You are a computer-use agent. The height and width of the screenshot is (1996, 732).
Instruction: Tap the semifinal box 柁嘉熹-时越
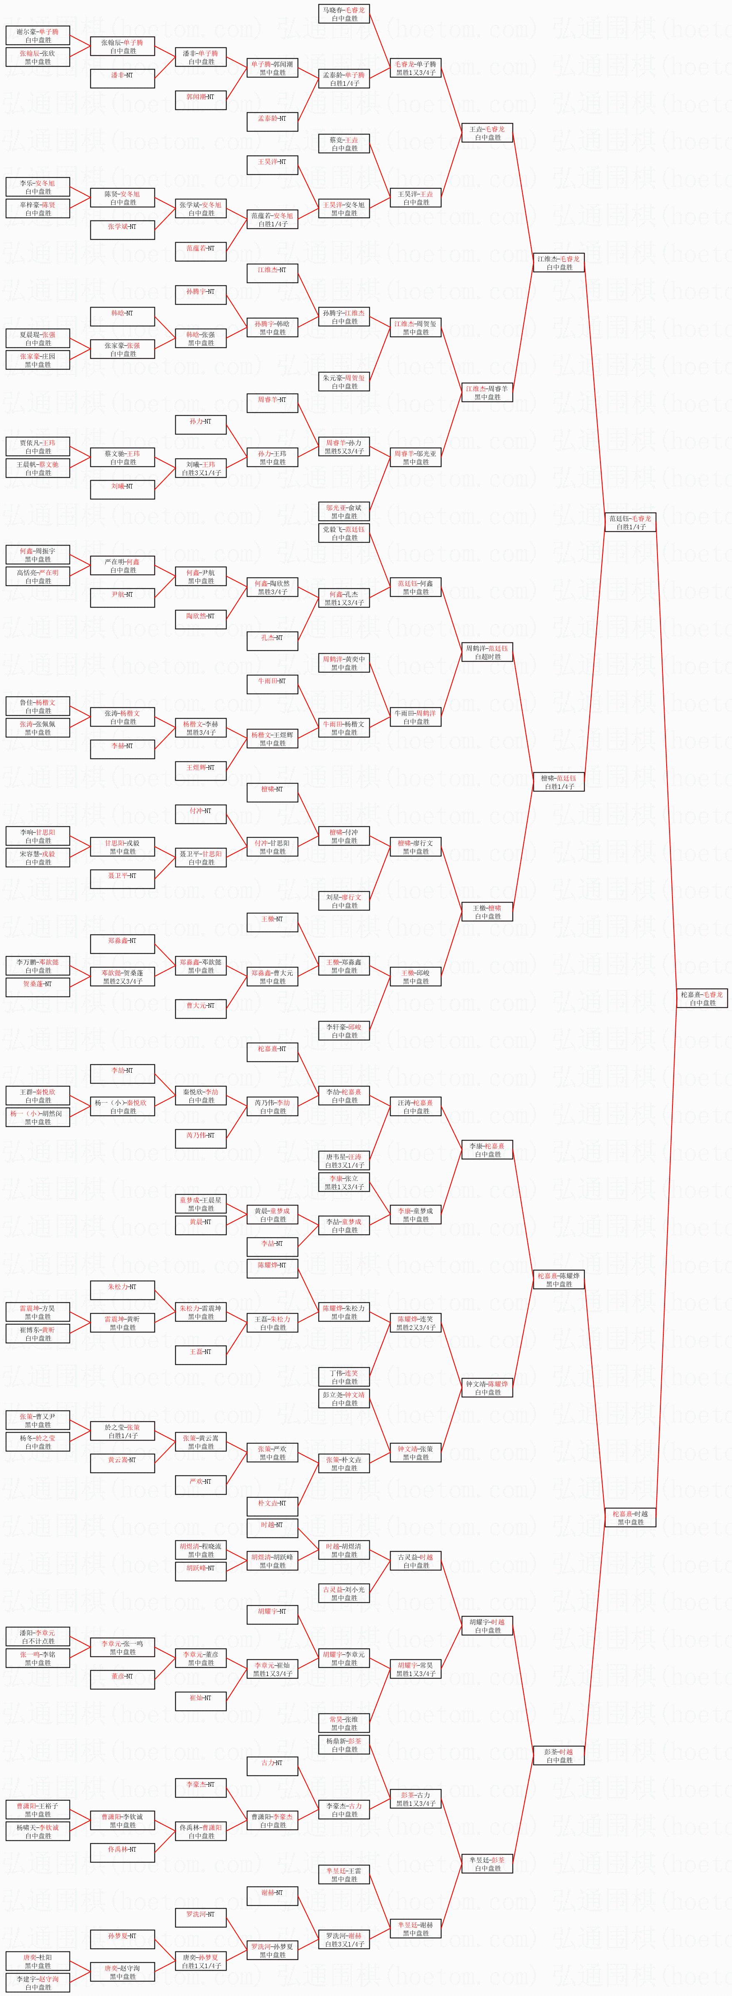coord(630,1517)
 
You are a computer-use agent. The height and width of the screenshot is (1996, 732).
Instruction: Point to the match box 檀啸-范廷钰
coord(559,782)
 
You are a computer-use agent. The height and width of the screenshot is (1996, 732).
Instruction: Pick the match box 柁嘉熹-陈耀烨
coord(559,1279)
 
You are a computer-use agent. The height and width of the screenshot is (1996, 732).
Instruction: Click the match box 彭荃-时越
coord(559,1755)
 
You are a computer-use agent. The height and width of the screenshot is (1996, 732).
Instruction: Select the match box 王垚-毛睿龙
coord(488,133)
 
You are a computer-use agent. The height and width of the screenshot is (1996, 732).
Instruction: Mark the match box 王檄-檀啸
coord(488,912)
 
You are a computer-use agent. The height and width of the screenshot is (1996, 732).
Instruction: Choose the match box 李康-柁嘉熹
coord(488,1150)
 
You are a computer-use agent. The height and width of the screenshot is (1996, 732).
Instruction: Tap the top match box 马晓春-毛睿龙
coord(344,14)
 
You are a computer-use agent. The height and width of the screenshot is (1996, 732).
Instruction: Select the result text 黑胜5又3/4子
coord(344,451)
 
